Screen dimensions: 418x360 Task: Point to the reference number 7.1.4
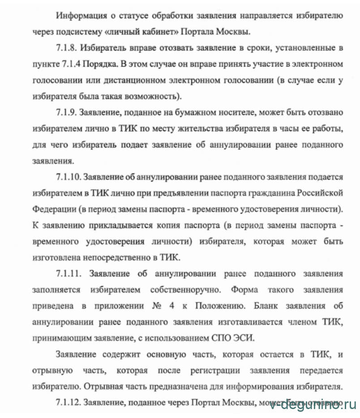tap(69, 65)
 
